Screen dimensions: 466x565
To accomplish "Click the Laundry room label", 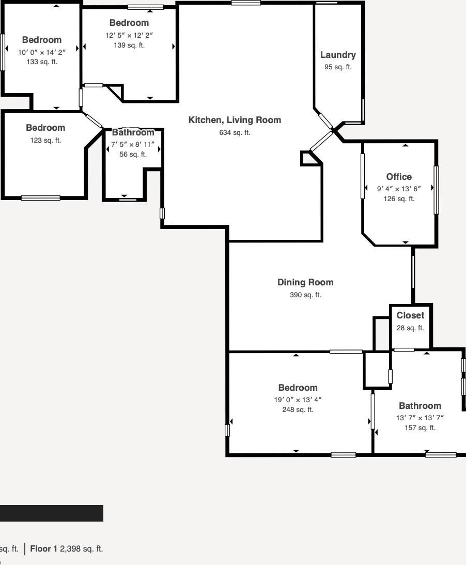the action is pos(338,55).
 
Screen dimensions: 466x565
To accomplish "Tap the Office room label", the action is pos(399,177).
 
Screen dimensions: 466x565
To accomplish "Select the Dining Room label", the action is pos(305,282).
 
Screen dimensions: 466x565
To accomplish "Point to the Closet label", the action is pos(410,315).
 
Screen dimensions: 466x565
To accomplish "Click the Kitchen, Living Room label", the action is pos(235,120).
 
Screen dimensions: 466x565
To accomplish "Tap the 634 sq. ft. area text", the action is pos(235,133).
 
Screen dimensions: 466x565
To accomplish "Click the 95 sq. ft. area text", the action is pos(338,67).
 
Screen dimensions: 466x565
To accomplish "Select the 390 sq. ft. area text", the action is pos(305,295).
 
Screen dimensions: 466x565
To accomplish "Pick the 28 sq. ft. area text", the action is pos(410,328).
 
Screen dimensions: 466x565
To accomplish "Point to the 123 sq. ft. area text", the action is pos(45,140).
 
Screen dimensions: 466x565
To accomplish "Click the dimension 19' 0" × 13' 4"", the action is pos(298,400).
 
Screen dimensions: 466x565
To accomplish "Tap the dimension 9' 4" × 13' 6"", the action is pos(399,189).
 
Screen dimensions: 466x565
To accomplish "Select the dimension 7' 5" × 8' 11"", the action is pos(133,145).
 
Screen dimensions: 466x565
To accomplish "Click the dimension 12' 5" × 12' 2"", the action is pos(129,35).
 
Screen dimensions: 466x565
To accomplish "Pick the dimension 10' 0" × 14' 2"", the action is pos(42,52).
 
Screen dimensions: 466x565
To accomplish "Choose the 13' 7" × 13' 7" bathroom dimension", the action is pos(420,418).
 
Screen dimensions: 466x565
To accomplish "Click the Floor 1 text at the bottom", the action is pos(43,549).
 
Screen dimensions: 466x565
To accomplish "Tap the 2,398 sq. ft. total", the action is pos(82,549).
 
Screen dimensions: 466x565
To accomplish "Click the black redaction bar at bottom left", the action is pos(52,513).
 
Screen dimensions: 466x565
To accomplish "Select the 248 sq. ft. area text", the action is pos(298,410).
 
